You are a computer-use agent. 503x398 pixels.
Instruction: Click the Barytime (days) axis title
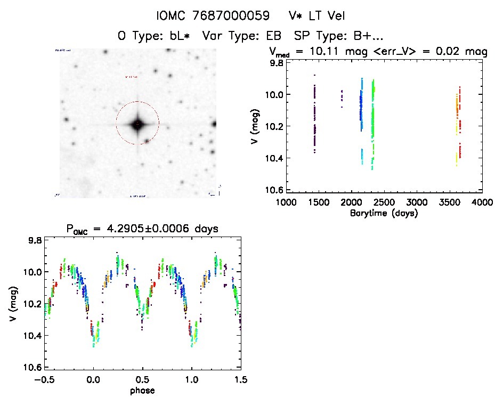point(384,213)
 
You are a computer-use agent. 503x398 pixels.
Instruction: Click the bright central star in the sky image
point(137,124)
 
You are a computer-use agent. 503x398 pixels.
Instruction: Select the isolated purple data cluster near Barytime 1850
point(342,97)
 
